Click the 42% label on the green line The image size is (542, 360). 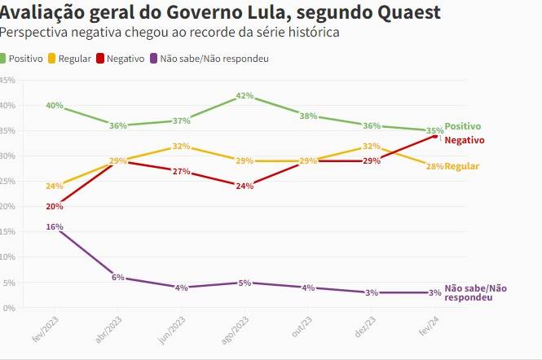tap(244, 95)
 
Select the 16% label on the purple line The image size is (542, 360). tap(55, 226)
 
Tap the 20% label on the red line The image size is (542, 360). tap(55, 206)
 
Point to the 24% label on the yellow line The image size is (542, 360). tap(55, 186)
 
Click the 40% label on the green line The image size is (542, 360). tap(55, 106)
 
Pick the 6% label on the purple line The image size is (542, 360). tap(118, 278)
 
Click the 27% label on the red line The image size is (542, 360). tap(181, 171)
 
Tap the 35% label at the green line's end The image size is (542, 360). tap(434, 130)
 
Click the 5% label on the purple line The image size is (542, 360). tap(244, 283)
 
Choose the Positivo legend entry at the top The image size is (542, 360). tap(26, 59)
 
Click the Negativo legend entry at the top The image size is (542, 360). tap(126, 59)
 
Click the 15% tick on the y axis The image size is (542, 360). tap(7, 231)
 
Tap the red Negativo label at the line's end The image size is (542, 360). tap(465, 140)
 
